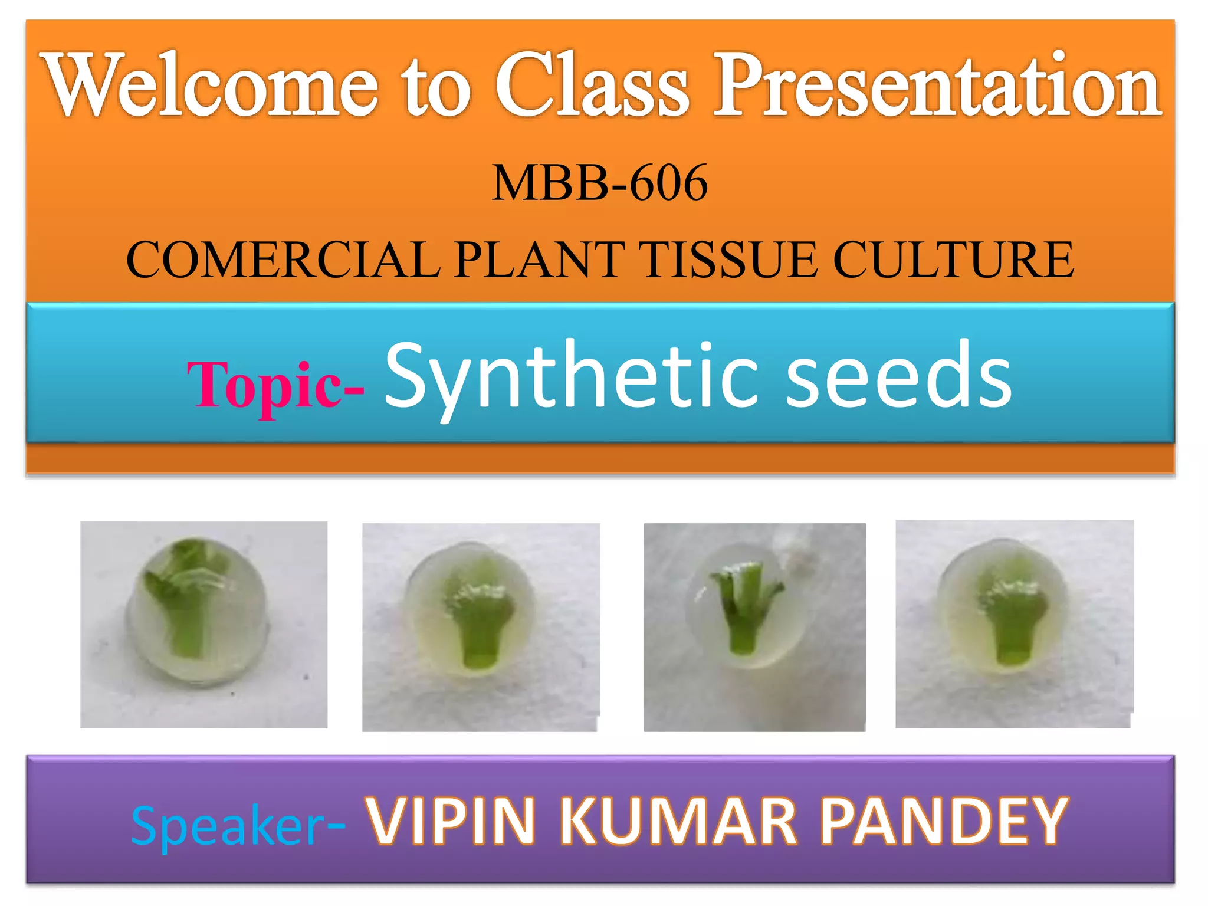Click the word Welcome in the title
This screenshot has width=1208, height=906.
212,86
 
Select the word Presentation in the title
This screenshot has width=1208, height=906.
938,86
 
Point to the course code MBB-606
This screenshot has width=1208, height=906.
600,183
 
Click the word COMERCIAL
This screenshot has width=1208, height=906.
283,260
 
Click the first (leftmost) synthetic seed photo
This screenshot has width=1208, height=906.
203,624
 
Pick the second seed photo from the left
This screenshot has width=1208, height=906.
481,627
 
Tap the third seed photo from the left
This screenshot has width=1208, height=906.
754,627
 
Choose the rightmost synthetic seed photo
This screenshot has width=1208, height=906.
1015,623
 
